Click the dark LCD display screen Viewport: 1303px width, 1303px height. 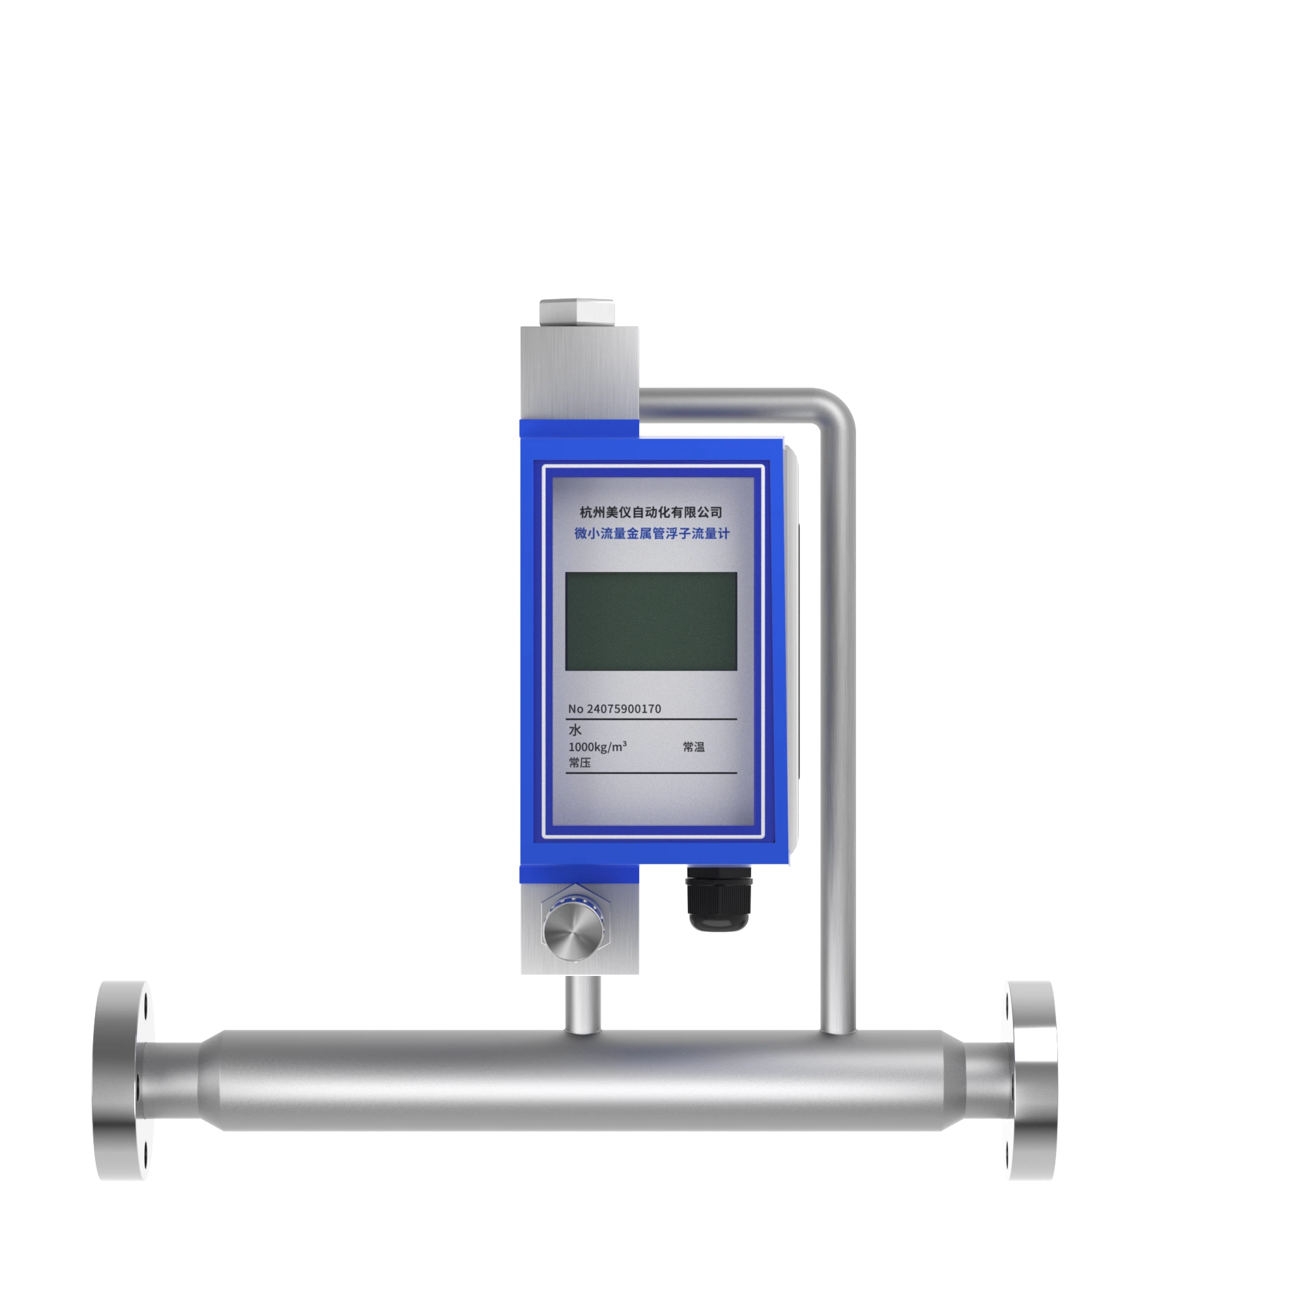coord(650,621)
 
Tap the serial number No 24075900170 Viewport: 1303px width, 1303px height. coord(614,709)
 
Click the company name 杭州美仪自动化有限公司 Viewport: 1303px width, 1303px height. coord(651,513)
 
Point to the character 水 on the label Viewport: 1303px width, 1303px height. coord(575,730)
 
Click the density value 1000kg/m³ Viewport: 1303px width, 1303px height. coord(597,747)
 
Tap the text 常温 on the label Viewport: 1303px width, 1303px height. coord(693,747)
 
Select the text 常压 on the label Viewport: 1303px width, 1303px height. coord(579,763)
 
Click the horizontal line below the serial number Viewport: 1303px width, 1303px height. coord(650,720)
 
